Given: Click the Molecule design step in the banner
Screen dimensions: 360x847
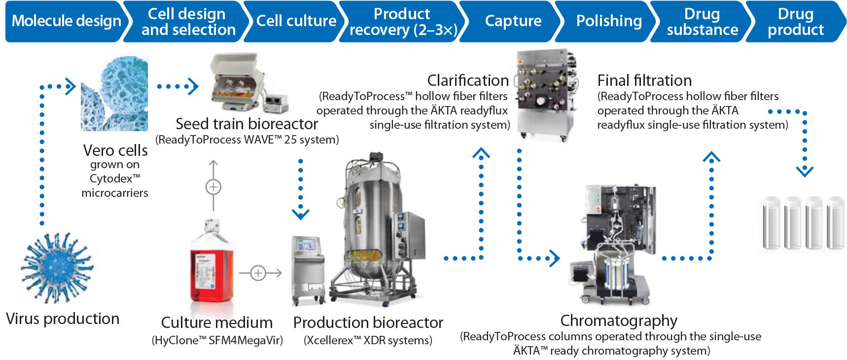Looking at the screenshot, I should pyautogui.click(x=67, y=21).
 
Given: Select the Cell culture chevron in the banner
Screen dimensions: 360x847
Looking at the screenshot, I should pyautogui.click(x=296, y=21).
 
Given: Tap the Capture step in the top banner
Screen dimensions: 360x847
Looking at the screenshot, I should pyautogui.click(x=513, y=21).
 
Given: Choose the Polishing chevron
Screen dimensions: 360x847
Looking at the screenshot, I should pyautogui.click(x=609, y=21).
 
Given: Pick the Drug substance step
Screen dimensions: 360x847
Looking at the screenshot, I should pyautogui.click(x=702, y=22).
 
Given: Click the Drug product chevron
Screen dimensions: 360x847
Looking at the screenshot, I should pyautogui.click(x=795, y=22).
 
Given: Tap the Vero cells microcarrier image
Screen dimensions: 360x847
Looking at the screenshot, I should pyautogui.click(x=114, y=94).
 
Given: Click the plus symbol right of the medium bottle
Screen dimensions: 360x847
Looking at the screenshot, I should pyautogui.click(x=258, y=273).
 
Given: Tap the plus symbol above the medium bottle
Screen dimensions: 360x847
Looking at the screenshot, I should pyautogui.click(x=213, y=187).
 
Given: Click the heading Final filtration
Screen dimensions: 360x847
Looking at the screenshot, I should pyautogui.click(x=644, y=80).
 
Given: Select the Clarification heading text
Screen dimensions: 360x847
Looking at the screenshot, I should pyautogui.click(x=468, y=80).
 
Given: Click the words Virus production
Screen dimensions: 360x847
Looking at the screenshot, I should pyautogui.click(x=63, y=319).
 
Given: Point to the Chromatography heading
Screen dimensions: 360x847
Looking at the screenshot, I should pyautogui.click(x=619, y=321).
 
